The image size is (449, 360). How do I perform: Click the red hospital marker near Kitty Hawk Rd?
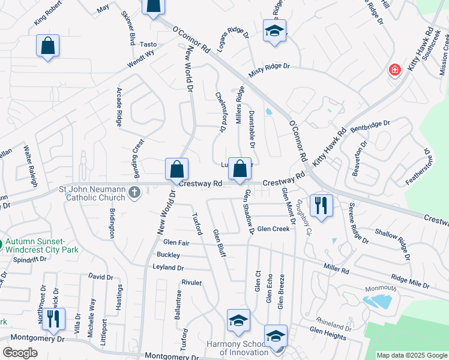(x=395, y=70)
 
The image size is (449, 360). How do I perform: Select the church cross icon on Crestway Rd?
(x=134, y=193)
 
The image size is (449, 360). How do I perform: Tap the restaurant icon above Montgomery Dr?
(x=55, y=319)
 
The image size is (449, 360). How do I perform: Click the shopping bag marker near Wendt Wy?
(x=48, y=46)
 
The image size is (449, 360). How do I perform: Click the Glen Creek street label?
(x=273, y=229)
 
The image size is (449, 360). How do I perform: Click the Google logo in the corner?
(x=20, y=353)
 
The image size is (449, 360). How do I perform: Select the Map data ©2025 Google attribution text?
(x=412, y=355)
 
